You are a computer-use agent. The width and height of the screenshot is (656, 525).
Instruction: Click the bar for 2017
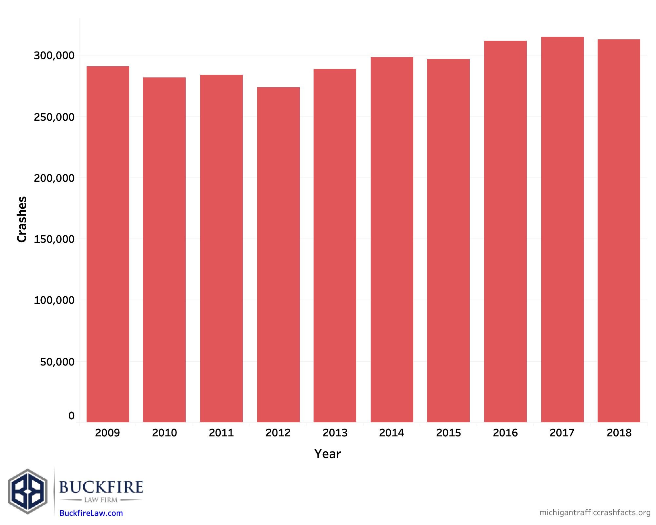point(562,229)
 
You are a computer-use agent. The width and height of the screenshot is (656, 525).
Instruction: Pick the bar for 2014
point(392,240)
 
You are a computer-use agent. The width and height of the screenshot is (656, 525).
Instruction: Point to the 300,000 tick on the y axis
point(54,55)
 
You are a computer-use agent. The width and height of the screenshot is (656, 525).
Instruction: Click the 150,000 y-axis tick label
point(54,239)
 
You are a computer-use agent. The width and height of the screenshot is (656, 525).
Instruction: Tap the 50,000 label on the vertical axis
point(57,362)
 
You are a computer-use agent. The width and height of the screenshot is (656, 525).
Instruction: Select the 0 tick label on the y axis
point(72,416)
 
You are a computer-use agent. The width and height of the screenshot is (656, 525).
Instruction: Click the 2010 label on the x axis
point(164,433)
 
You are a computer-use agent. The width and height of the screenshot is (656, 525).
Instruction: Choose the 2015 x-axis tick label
point(448,433)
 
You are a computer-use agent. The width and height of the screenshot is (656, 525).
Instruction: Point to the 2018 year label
point(619,433)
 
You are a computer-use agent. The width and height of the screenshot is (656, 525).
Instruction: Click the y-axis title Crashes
point(22,220)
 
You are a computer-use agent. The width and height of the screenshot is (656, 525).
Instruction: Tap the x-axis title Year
point(328,454)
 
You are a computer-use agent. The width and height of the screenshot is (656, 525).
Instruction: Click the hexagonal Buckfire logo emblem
point(28,491)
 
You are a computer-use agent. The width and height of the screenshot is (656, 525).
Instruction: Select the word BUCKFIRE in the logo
point(101,487)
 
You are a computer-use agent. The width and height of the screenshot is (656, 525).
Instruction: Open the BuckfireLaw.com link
point(91,513)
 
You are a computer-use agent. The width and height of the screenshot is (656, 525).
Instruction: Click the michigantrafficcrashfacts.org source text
point(595,512)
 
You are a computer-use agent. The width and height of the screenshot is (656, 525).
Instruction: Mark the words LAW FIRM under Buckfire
point(101,500)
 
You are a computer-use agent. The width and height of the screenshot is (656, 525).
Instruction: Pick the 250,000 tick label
point(54,117)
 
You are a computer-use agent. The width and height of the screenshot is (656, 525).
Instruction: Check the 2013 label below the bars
point(335,433)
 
